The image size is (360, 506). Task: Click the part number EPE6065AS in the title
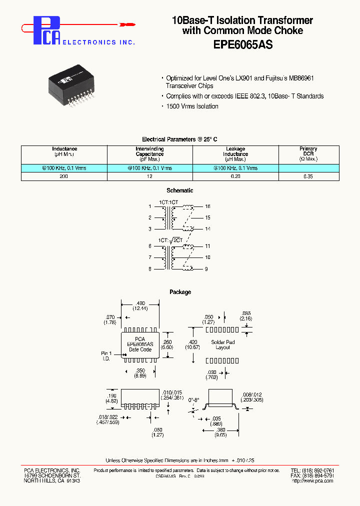[242, 44]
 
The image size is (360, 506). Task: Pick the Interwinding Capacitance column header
[149, 154]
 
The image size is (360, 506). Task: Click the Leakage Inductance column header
[235, 154]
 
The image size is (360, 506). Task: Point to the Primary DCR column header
[308, 154]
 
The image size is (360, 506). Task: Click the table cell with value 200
[64, 176]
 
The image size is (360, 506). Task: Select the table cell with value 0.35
[308, 176]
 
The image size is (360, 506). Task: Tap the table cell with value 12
[149, 176]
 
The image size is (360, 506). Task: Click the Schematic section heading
[179, 190]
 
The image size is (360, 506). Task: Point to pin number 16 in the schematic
[207, 206]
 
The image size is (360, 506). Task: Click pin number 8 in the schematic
[149, 269]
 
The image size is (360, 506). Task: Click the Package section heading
[180, 292]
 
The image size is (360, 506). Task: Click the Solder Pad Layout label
[223, 345]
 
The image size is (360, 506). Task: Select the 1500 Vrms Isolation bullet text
[192, 106]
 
